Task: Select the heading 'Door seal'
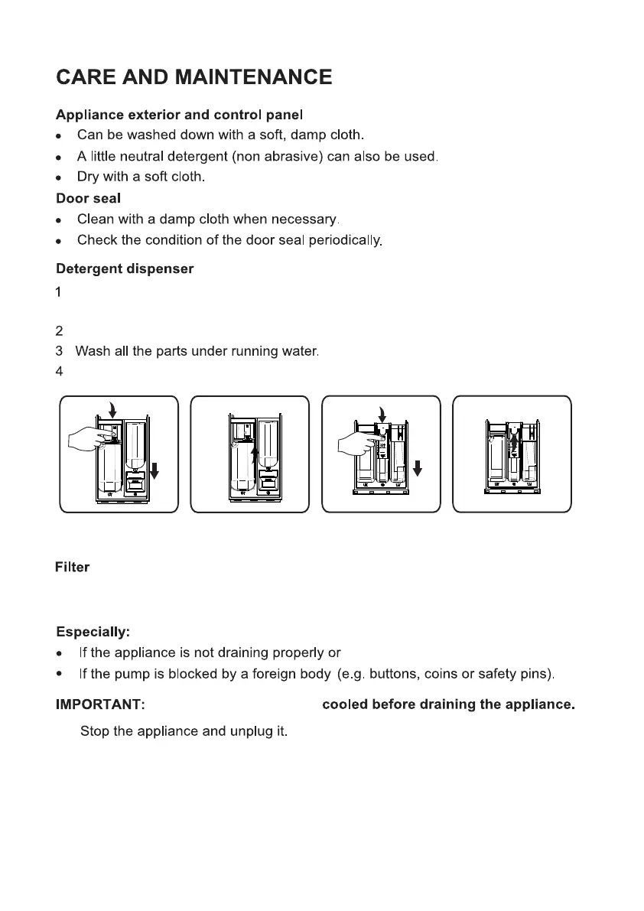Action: [88, 198]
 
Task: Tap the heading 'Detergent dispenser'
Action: [125, 269]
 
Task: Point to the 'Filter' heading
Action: [72, 568]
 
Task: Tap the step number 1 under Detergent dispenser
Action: [59, 291]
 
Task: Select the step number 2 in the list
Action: [59, 332]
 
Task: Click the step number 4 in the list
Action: [59, 373]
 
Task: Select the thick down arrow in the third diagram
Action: [417, 465]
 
